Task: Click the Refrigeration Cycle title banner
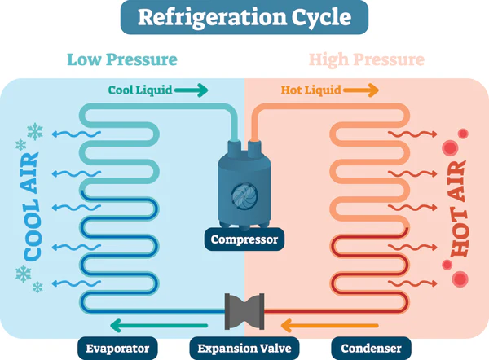coord(244,18)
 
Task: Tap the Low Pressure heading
coord(121,59)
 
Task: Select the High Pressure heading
coord(366,59)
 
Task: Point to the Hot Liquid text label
coord(311,90)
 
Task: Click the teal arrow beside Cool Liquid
coord(193,90)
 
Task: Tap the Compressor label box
coord(244,239)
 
